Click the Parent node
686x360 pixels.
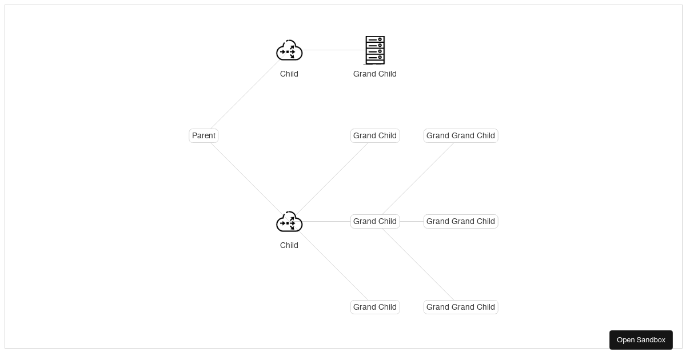click(x=204, y=135)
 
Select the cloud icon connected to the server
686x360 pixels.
click(x=289, y=50)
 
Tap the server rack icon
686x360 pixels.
click(x=375, y=50)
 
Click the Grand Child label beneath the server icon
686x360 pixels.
click(x=375, y=74)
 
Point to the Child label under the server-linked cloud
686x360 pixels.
click(x=289, y=74)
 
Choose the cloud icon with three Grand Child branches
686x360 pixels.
click(x=289, y=222)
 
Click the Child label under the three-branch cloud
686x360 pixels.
click(x=289, y=245)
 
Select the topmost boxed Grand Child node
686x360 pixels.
click(x=375, y=135)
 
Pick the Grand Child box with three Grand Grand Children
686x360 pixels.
click(x=375, y=221)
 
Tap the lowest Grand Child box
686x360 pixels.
click(x=375, y=307)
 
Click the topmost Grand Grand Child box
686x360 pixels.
click(x=461, y=135)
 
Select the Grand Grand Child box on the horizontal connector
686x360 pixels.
click(x=461, y=221)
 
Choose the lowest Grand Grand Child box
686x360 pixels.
click(x=461, y=307)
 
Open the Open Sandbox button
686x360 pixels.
click(x=641, y=340)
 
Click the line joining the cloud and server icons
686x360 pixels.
click(x=334, y=50)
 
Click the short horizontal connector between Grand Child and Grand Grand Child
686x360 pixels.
click(x=412, y=221)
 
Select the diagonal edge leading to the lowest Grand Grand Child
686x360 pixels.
click(x=418, y=264)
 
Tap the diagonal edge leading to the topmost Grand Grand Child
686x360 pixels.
click(x=418, y=178)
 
